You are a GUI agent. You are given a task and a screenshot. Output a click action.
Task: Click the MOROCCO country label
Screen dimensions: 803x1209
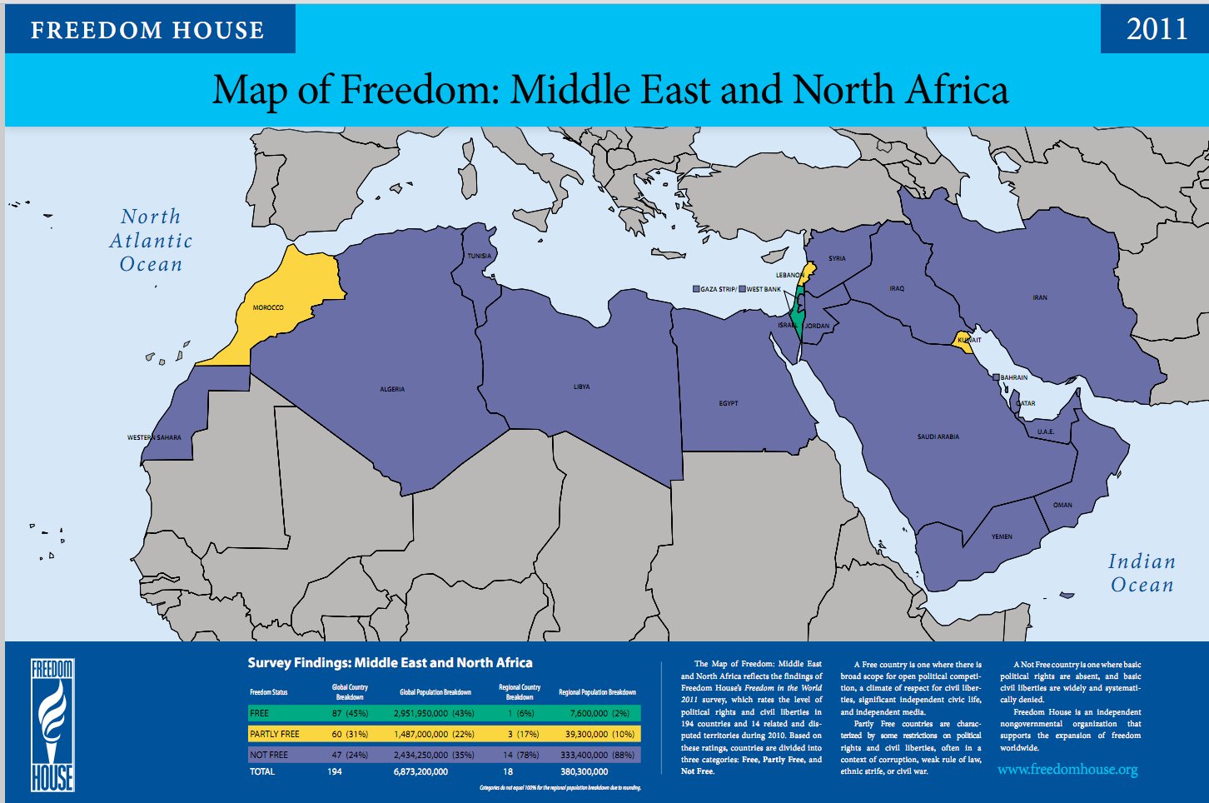click(268, 307)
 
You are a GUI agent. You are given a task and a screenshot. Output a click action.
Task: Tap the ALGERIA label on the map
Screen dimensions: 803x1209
click(392, 389)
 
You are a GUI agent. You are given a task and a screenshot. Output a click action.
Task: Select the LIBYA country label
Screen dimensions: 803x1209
click(581, 387)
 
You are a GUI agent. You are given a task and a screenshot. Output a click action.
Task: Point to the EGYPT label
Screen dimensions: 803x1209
click(729, 403)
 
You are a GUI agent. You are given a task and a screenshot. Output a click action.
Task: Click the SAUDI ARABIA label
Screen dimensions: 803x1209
click(938, 436)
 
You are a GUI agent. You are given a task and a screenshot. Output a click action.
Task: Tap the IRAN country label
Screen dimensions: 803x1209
click(1040, 297)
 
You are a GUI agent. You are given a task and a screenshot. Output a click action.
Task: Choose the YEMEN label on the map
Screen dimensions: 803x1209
click(1002, 536)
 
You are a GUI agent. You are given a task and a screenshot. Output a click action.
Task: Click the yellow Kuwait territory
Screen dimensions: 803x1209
click(966, 344)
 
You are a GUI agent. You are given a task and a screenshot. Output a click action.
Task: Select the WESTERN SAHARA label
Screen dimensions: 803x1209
click(154, 437)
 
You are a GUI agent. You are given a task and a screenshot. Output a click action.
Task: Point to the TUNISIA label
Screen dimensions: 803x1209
click(479, 256)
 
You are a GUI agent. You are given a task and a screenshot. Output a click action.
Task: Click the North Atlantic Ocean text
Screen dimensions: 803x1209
click(151, 241)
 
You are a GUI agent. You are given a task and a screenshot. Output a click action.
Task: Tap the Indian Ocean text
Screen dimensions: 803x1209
click(1142, 573)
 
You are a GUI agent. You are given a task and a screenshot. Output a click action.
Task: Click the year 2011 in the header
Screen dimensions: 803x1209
click(1157, 29)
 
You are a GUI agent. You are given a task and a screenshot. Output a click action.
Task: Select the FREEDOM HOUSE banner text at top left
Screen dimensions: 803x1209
click(147, 31)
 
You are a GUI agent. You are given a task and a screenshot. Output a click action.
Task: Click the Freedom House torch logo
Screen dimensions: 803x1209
click(52, 725)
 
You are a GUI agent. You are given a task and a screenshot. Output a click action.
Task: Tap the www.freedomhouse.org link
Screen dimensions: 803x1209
click(1067, 769)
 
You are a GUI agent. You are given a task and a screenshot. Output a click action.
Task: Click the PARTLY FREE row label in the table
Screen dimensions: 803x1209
click(275, 734)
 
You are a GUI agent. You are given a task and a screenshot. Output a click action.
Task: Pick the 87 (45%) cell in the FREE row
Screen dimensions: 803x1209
click(350, 713)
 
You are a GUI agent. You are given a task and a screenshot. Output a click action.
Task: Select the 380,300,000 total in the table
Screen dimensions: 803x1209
click(585, 771)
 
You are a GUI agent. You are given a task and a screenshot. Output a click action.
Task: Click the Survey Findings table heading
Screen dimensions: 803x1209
click(390, 663)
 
